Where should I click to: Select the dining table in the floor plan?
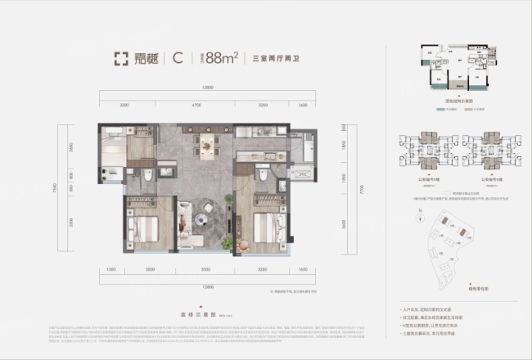[x=207, y=146]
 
